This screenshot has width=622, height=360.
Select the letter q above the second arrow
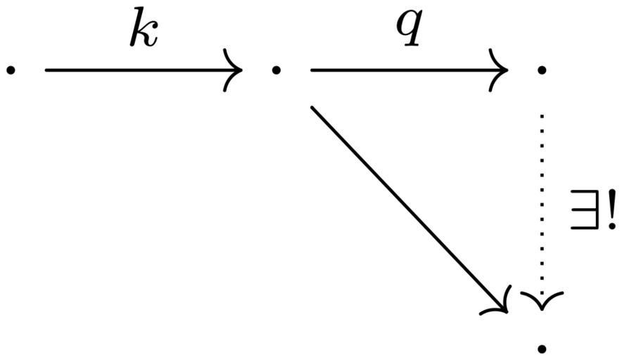point(410,27)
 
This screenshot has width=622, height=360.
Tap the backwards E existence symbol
point(583,210)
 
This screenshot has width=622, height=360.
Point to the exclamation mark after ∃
point(611,210)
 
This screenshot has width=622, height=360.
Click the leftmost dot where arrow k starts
point(11,70)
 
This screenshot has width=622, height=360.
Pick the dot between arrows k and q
point(276,70)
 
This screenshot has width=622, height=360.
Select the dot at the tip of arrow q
point(542,70)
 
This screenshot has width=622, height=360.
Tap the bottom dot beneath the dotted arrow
point(542,349)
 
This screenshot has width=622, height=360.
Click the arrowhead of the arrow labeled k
point(234,70)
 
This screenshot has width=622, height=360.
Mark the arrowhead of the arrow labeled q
point(499,70)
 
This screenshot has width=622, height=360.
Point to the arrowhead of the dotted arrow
point(542,302)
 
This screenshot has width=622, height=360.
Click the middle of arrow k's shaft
point(144,70)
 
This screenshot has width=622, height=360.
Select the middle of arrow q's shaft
point(410,70)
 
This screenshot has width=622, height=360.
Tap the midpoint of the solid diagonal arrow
point(410,210)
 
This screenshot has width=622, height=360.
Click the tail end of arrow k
point(46,70)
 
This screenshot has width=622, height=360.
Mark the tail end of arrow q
point(312,70)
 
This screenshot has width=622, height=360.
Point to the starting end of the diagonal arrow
point(312,107)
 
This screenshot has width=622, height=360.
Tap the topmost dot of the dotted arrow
point(542,116)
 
